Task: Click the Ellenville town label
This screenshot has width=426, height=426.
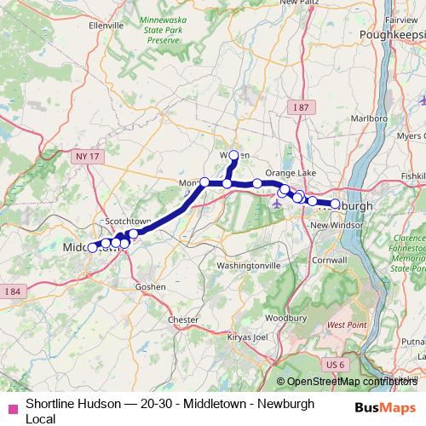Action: [x=106, y=26]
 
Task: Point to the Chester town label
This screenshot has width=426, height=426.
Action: [x=183, y=319]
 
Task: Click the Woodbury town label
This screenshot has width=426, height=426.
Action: [x=279, y=318]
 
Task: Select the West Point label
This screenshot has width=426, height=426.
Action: [x=347, y=325]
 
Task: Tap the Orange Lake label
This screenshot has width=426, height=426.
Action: [x=291, y=173]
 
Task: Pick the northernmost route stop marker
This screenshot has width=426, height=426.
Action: [x=234, y=155]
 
